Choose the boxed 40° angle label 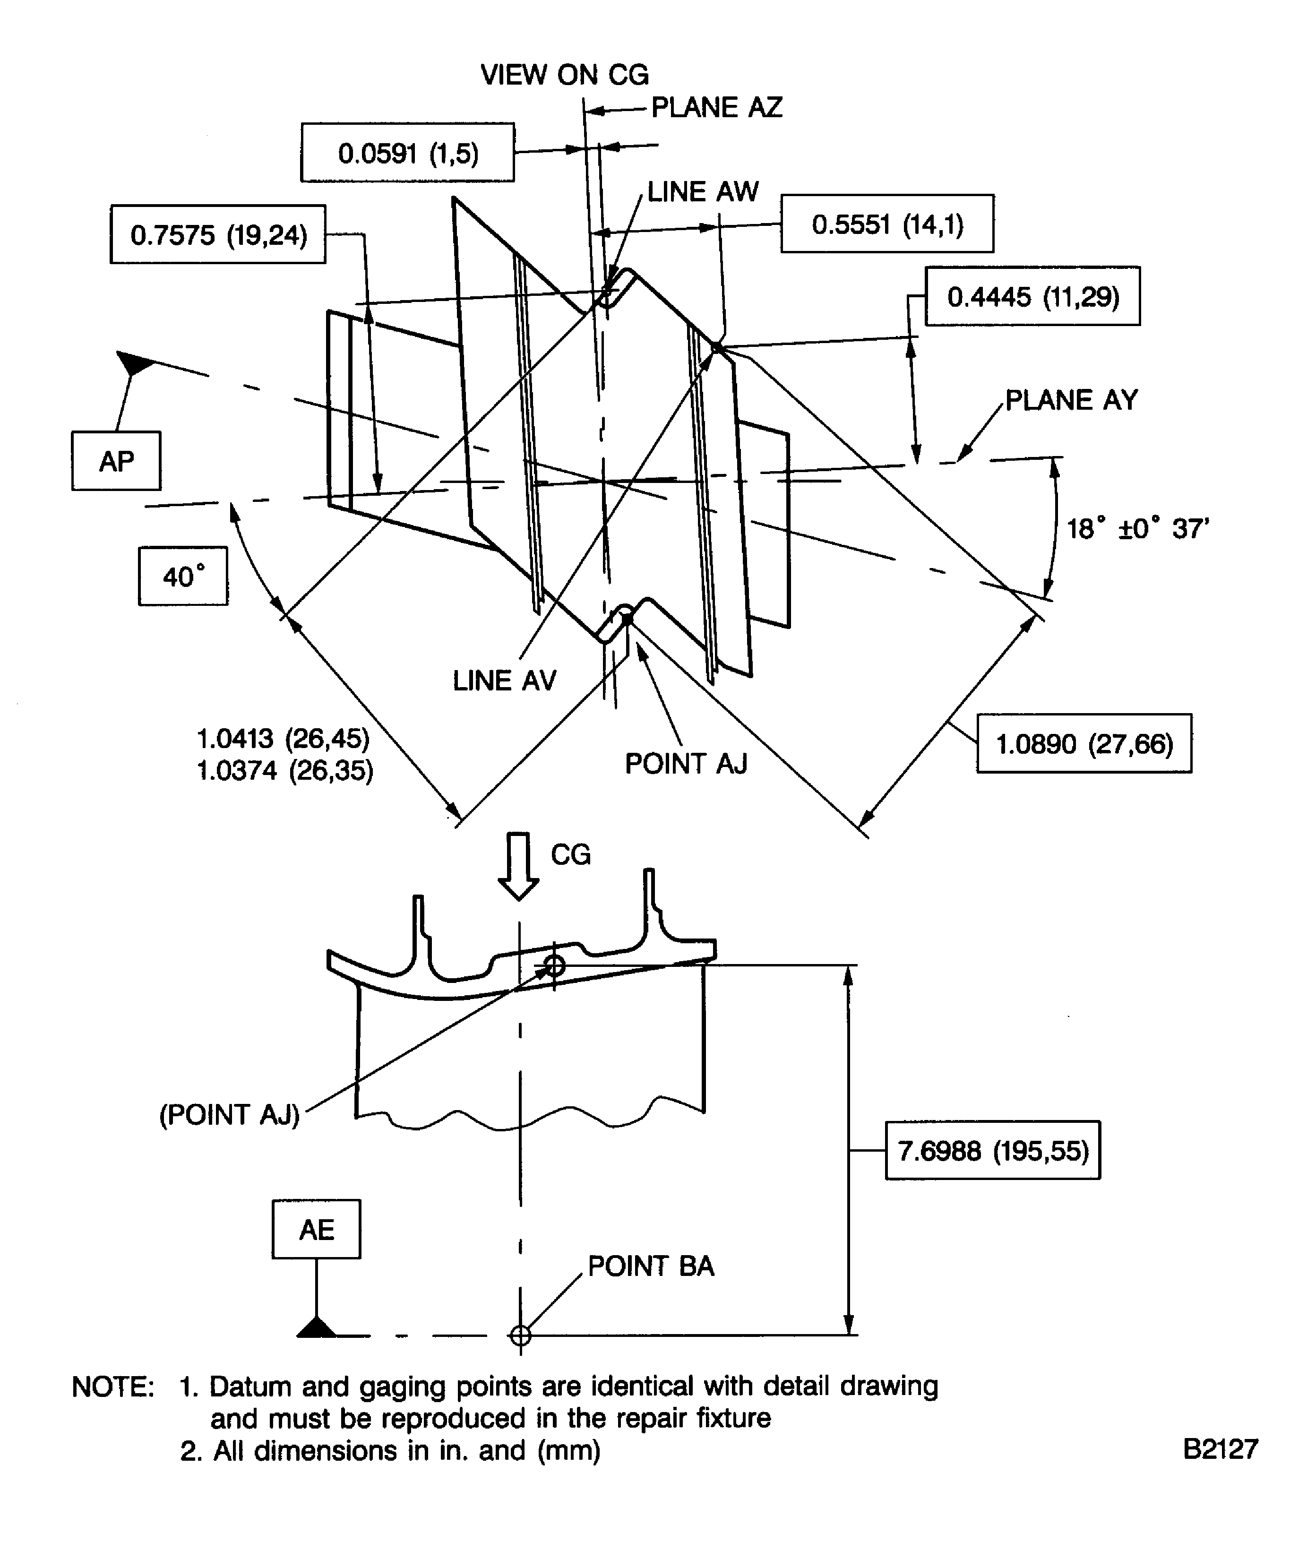pyautogui.click(x=183, y=577)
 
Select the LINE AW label pyautogui.click(x=703, y=192)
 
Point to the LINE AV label pyautogui.click(x=504, y=681)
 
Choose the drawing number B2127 pyautogui.click(x=1220, y=1449)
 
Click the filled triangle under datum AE pyautogui.click(x=317, y=1327)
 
